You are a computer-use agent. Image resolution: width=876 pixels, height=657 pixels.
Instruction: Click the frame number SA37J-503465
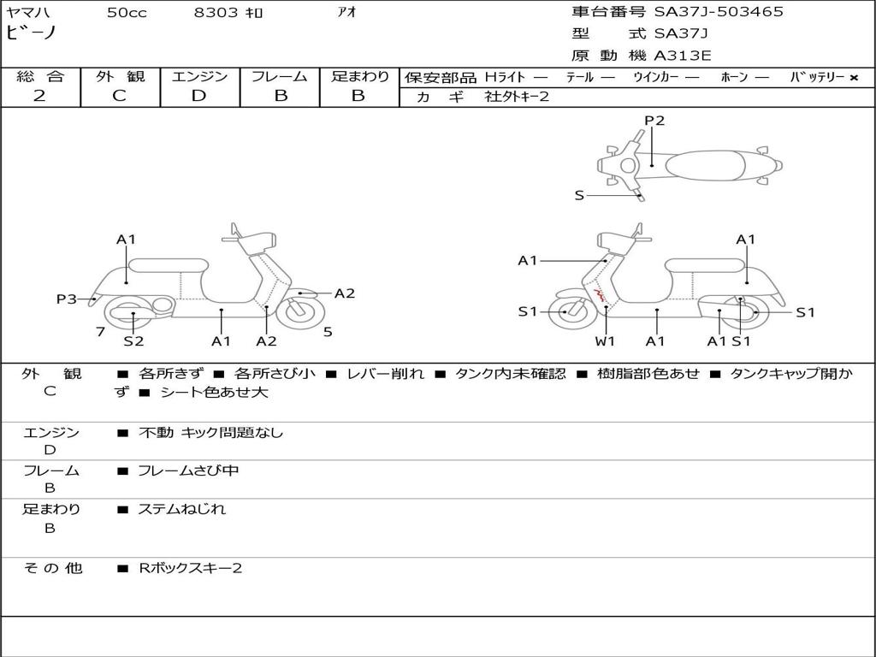coord(719,12)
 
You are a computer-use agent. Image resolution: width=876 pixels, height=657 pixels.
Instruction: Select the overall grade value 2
coord(39,96)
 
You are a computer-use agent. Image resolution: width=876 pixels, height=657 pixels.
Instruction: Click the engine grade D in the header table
coord(198,96)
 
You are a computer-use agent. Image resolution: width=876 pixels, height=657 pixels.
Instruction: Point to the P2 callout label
coord(654,120)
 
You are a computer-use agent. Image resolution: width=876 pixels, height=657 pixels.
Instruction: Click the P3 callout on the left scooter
coord(67,299)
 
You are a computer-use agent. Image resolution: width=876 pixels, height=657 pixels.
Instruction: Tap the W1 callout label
coord(605,340)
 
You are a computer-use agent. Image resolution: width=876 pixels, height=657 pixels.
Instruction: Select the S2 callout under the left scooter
coord(133,340)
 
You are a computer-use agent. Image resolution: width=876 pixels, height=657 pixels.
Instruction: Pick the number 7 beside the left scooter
coord(101,332)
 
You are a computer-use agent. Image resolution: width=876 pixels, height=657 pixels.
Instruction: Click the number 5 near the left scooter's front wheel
coord(328,332)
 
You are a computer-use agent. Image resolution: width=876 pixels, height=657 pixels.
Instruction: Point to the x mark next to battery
coord(854,78)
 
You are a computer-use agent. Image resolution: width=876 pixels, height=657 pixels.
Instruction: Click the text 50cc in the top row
coord(127,12)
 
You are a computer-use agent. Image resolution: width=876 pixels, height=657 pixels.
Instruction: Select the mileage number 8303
coord(216,12)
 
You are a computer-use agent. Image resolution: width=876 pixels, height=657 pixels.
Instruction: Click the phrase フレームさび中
coord(188,471)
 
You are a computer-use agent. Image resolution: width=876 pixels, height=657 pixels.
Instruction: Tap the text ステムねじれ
coord(181,509)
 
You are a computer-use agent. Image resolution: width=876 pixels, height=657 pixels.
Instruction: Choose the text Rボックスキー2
coord(190,568)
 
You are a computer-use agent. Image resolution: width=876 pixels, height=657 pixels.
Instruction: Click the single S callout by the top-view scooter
coord(579,196)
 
